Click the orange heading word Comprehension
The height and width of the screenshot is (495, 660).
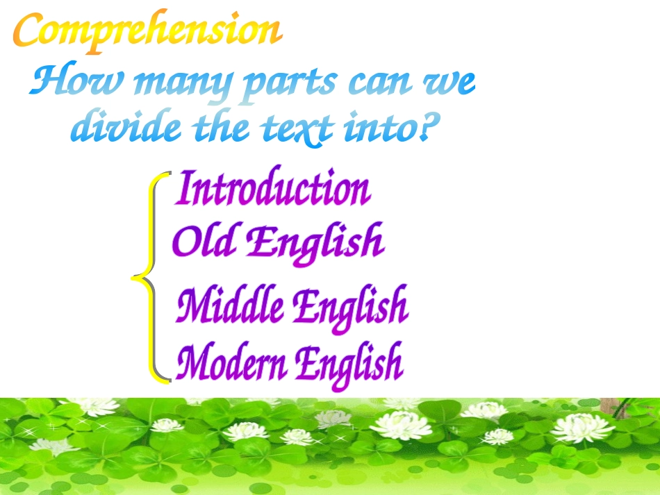click(148, 32)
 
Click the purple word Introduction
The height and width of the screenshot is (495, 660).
click(272, 189)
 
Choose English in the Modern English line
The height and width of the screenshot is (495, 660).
click(348, 364)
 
